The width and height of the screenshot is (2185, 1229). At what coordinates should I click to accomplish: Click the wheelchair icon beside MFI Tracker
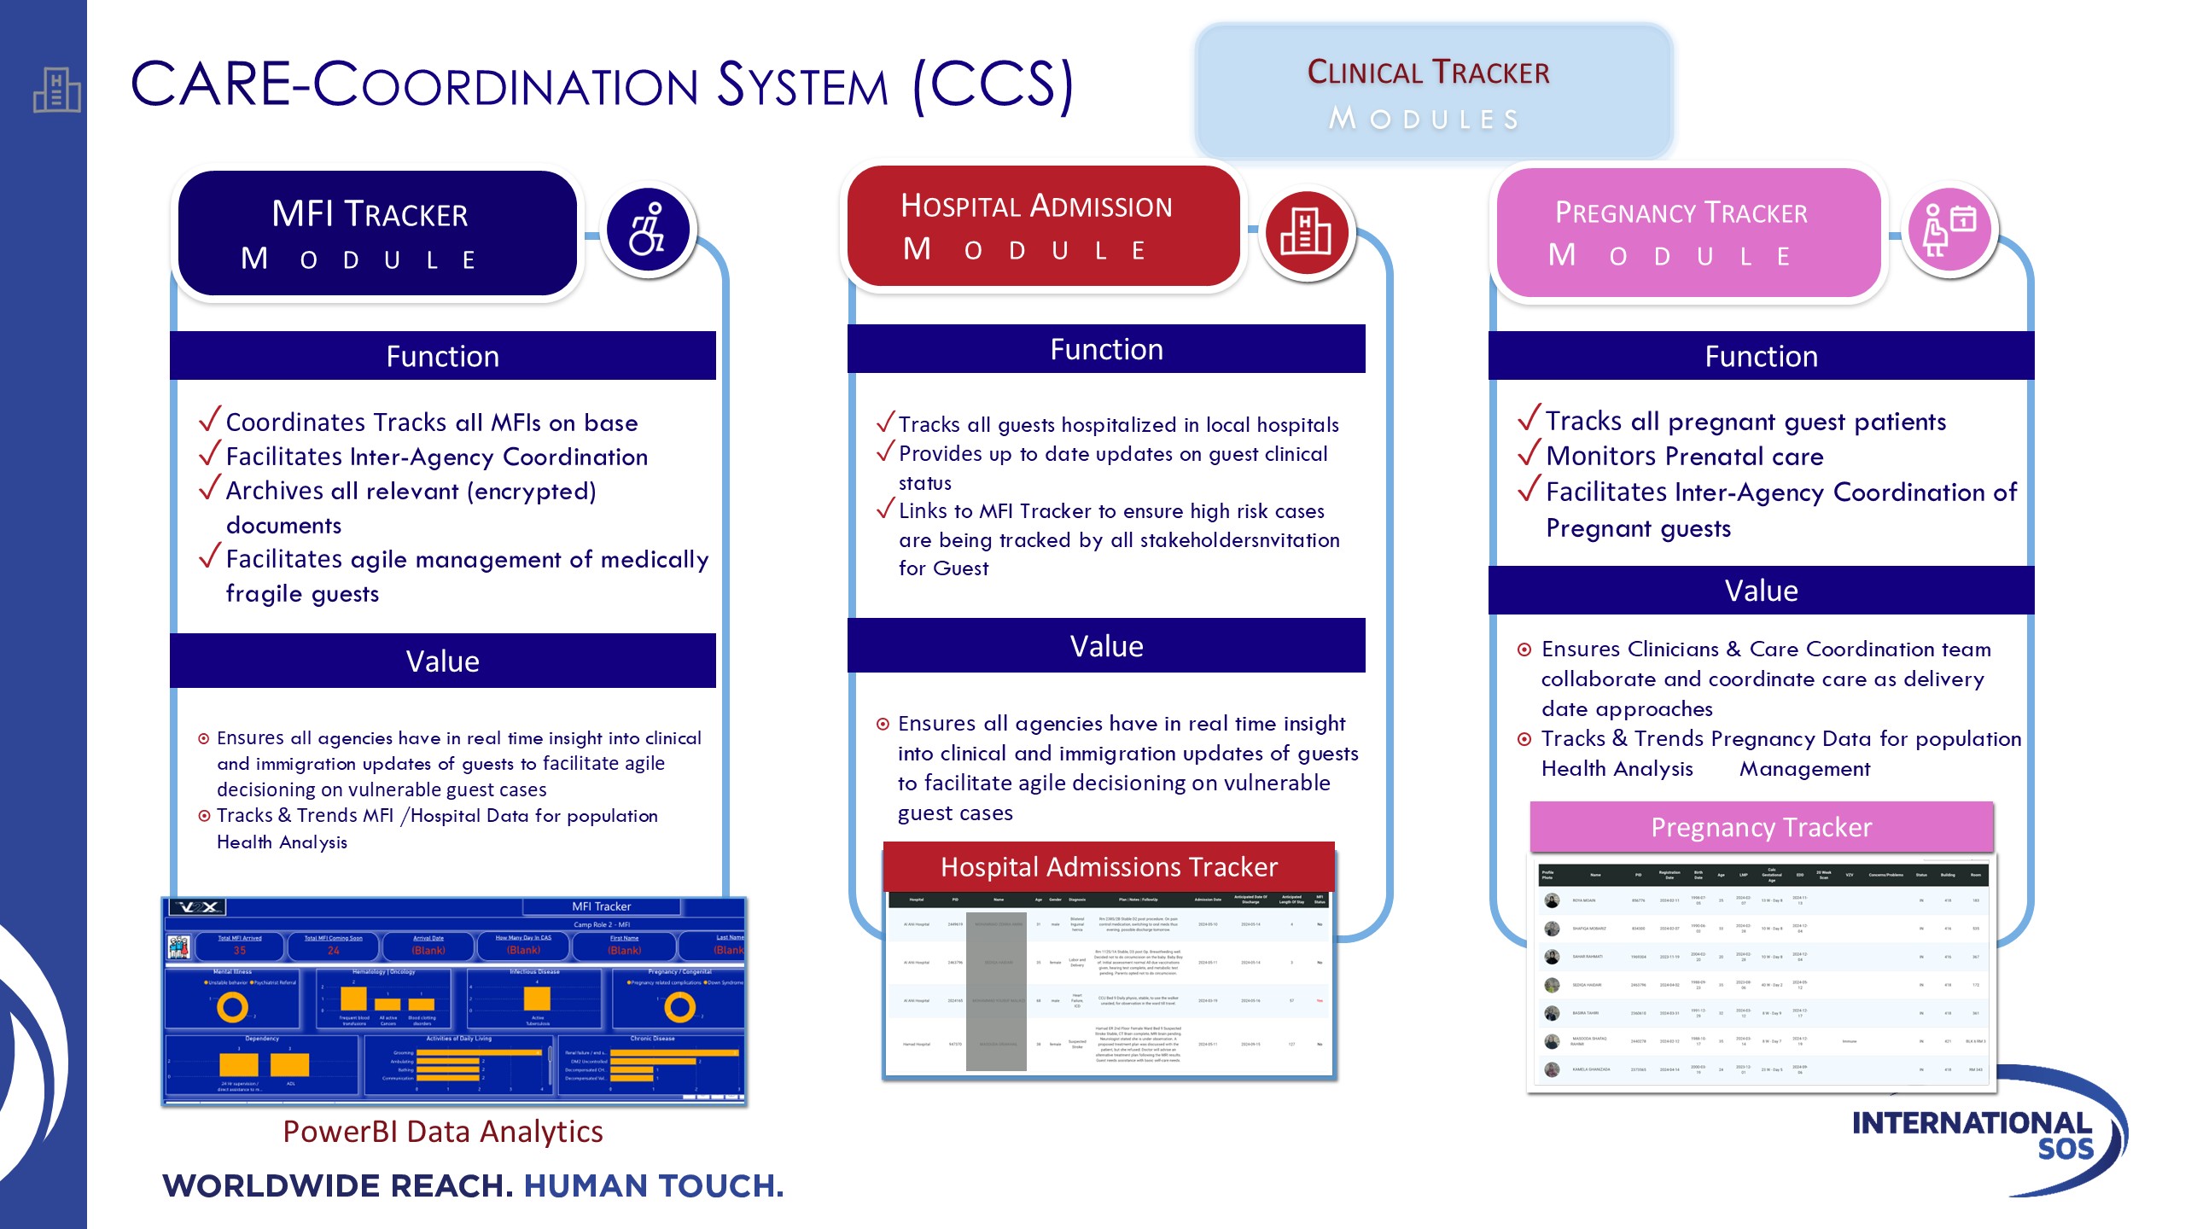(x=648, y=230)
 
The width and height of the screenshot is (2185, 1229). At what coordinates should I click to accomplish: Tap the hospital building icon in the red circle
(x=1306, y=231)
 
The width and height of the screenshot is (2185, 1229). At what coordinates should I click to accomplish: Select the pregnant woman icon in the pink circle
(x=1949, y=230)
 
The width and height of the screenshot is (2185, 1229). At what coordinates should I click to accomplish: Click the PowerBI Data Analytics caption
(x=443, y=1132)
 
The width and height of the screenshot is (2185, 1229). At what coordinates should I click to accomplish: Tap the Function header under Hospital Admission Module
(x=1106, y=350)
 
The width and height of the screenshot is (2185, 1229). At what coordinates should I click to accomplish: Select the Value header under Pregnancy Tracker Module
(x=1761, y=591)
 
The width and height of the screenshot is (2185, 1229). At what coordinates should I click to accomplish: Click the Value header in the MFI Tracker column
(x=442, y=661)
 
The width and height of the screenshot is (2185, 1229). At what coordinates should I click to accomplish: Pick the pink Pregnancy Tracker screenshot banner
(x=1761, y=827)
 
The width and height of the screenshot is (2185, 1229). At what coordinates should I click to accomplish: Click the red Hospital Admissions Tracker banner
(x=1109, y=867)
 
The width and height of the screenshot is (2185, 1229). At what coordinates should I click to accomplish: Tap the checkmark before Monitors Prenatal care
(x=1529, y=453)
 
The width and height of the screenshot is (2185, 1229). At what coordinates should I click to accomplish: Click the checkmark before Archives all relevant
(x=210, y=488)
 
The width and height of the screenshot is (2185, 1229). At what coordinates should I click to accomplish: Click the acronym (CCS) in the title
(x=993, y=85)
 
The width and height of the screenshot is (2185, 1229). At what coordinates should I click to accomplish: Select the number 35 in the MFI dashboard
(x=240, y=950)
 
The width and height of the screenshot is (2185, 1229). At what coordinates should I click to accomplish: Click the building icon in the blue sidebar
(x=56, y=90)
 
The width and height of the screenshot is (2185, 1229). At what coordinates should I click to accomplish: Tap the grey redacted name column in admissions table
(x=996, y=990)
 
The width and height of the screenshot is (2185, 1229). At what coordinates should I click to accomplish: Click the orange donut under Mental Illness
(x=232, y=1008)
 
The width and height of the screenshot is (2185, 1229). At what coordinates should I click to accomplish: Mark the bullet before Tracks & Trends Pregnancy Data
(x=1524, y=739)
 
